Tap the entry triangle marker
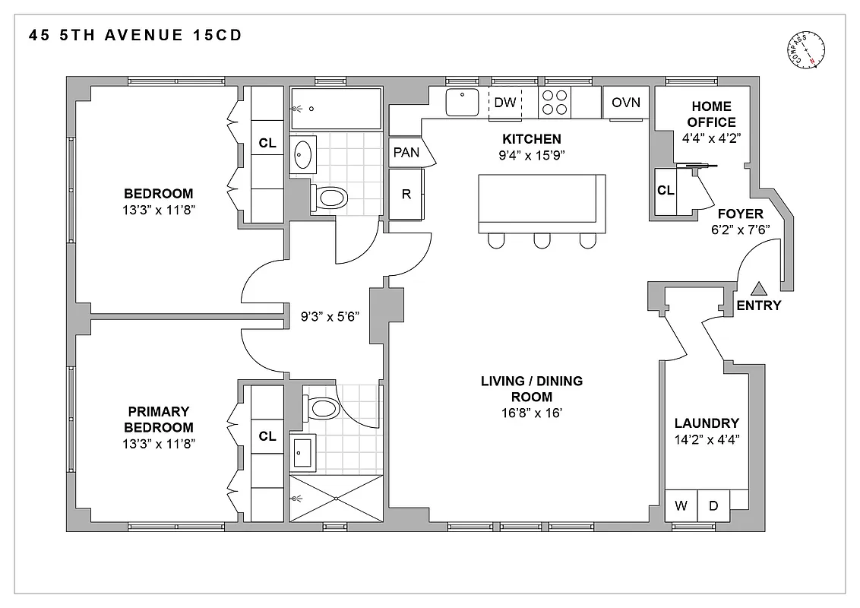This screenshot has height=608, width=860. [x=758, y=289]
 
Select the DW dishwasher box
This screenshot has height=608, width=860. [x=505, y=103]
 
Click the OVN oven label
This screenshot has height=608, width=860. [x=626, y=103]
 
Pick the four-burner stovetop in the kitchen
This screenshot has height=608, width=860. [x=555, y=103]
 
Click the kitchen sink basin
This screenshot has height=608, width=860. [x=461, y=103]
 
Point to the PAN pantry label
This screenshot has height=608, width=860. [x=406, y=152]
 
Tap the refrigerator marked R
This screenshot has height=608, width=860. [x=406, y=194]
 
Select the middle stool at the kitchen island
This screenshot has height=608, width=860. [x=542, y=240]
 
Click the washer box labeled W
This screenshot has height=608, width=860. [x=681, y=505]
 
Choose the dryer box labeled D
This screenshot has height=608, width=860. [x=713, y=505]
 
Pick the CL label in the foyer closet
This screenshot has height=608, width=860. [x=666, y=190]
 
